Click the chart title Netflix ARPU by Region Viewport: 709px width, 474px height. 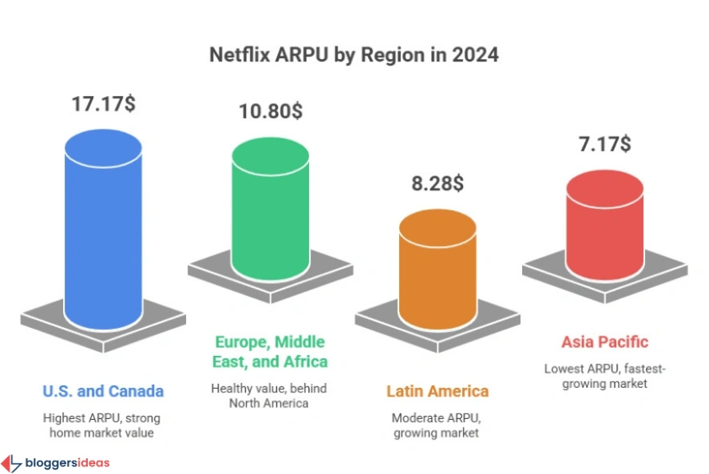[x=354, y=56]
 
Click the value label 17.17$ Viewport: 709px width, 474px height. [x=102, y=106]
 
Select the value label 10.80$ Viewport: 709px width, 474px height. [x=270, y=111]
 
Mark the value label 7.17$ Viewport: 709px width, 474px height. [x=605, y=144]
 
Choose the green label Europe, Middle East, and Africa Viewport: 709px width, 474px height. [x=270, y=352]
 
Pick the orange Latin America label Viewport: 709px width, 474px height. [x=438, y=391]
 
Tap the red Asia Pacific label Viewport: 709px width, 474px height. [x=605, y=342]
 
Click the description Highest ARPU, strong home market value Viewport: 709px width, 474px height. [x=103, y=424]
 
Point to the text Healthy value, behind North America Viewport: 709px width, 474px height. [x=270, y=394]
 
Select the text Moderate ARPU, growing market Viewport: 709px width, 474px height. [x=438, y=424]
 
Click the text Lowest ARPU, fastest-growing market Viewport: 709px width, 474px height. [x=605, y=376]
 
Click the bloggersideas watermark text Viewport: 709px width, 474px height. [x=66, y=463]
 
